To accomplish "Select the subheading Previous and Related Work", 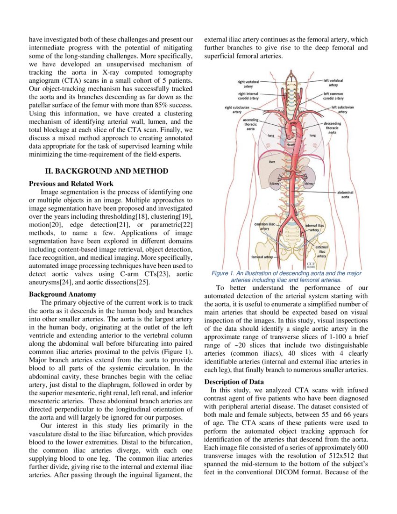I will click(71, 184).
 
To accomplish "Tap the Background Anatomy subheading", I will click(63, 294).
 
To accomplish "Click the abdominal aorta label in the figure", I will click(345, 194).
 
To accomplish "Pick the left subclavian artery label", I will click(342, 109).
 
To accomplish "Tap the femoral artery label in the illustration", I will click(262, 257).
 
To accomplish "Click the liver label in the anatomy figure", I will click(272, 161).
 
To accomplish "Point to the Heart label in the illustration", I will click(291, 145).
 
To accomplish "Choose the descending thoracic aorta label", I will click(332, 128).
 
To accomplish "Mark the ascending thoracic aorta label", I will click(251, 124).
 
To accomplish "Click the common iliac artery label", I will click(264, 227).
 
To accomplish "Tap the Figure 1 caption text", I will click(286, 277).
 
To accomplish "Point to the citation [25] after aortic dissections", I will click(140, 282).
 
